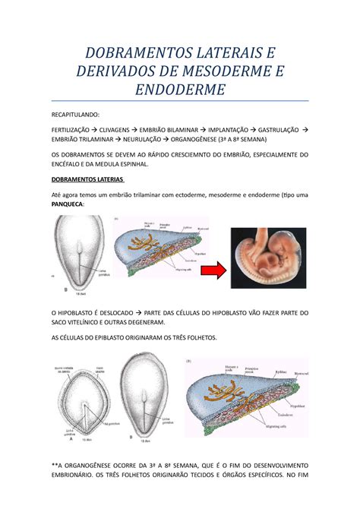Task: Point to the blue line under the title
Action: click(180, 100)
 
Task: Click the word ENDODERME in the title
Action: click(179, 90)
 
